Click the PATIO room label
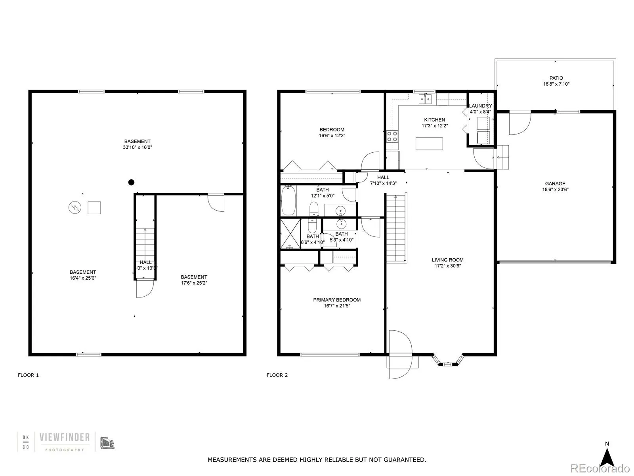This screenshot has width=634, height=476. [x=556, y=78]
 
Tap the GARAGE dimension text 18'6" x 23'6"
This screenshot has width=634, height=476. [x=555, y=190]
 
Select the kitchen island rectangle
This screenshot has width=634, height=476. [x=429, y=143]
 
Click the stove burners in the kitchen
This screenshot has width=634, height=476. [x=392, y=136]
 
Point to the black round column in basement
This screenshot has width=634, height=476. [x=131, y=182]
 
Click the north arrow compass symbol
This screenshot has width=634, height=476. [x=607, y=457]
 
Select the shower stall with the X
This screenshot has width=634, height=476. [x=290, y=233]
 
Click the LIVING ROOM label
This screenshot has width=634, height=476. [x=447, y=260]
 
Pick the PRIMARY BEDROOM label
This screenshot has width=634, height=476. [x=337, y=300]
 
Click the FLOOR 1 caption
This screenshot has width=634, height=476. [x=28, y=375]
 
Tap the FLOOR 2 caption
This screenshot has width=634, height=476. [x=277, y=375]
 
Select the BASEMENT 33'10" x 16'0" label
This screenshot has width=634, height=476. [x=137, y=144]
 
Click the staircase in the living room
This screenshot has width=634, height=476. [x=396, y=228]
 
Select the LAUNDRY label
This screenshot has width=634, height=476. [x=480, y=106]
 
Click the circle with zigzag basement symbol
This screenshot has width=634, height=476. [x=75, y=207]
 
